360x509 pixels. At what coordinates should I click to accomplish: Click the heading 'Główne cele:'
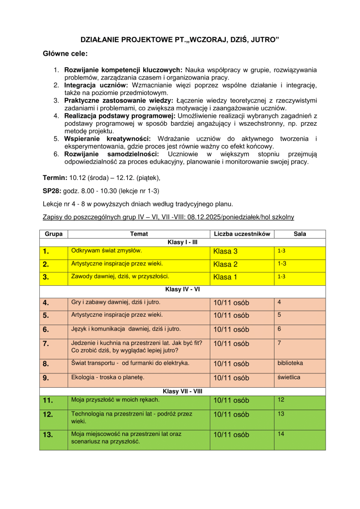(65, 54)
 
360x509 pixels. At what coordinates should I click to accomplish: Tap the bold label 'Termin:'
(55, 177)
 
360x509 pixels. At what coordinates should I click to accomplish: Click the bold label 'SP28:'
(52, 190)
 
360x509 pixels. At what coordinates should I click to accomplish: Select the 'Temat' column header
(139, 234)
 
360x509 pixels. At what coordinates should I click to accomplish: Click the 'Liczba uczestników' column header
(242, 234)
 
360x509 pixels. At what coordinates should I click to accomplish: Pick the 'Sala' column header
(300, 234)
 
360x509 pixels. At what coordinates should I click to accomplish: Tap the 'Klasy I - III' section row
(182, 242)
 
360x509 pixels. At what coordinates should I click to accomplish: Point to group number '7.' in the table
(46, 343)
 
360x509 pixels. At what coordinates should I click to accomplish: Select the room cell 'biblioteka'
(290, 363)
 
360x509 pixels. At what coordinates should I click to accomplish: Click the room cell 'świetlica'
(288, 377)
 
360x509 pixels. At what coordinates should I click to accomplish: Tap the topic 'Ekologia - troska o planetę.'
(107, 377)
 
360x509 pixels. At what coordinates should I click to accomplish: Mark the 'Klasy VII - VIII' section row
(182, 391)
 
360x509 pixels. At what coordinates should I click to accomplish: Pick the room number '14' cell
(281, 434)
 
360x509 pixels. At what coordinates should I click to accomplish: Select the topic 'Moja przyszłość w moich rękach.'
(115, 400)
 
